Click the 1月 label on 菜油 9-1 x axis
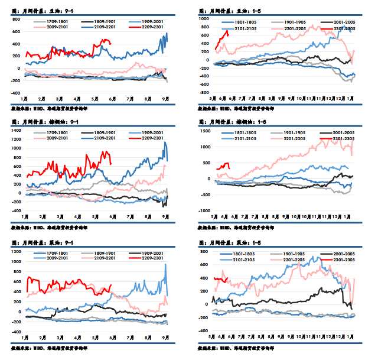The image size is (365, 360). (x=25, y=338)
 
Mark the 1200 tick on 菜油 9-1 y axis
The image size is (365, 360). (x=17, y=252)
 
